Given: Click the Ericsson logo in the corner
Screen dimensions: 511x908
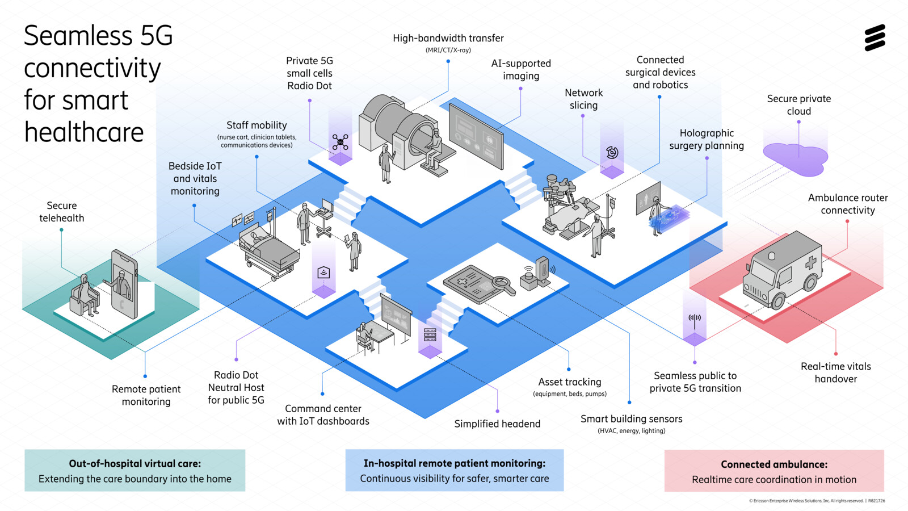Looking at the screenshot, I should (x=875, y=38).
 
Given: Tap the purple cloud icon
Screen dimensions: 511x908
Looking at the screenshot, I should (x=796, y=158).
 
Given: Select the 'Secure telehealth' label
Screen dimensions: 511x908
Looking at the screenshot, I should (x=61, y=212).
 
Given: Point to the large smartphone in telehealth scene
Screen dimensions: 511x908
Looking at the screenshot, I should (x=125, y=283).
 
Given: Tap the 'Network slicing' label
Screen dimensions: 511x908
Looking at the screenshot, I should (x=583, y=99).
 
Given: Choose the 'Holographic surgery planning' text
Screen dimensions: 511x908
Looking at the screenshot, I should (x=707, y=139).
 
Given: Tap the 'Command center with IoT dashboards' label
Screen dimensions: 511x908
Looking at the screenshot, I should (x=323, y=414).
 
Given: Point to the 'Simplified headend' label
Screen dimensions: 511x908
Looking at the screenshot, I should (x=497, y=424).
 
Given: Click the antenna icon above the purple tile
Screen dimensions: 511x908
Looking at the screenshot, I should (x=695, y=320).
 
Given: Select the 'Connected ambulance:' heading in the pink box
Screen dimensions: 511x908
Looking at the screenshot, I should (x=774, y=464).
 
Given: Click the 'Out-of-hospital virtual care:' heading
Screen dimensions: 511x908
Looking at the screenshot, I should (x=135, y=463).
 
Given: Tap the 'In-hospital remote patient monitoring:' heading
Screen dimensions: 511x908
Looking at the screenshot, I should (x=454, y=463).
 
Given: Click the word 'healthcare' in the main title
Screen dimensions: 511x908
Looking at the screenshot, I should (x=84, y=132).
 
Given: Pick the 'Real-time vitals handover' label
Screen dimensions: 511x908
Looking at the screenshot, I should (x=835, y=372).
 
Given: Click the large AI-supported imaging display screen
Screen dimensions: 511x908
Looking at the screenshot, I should (x=476, y=137).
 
